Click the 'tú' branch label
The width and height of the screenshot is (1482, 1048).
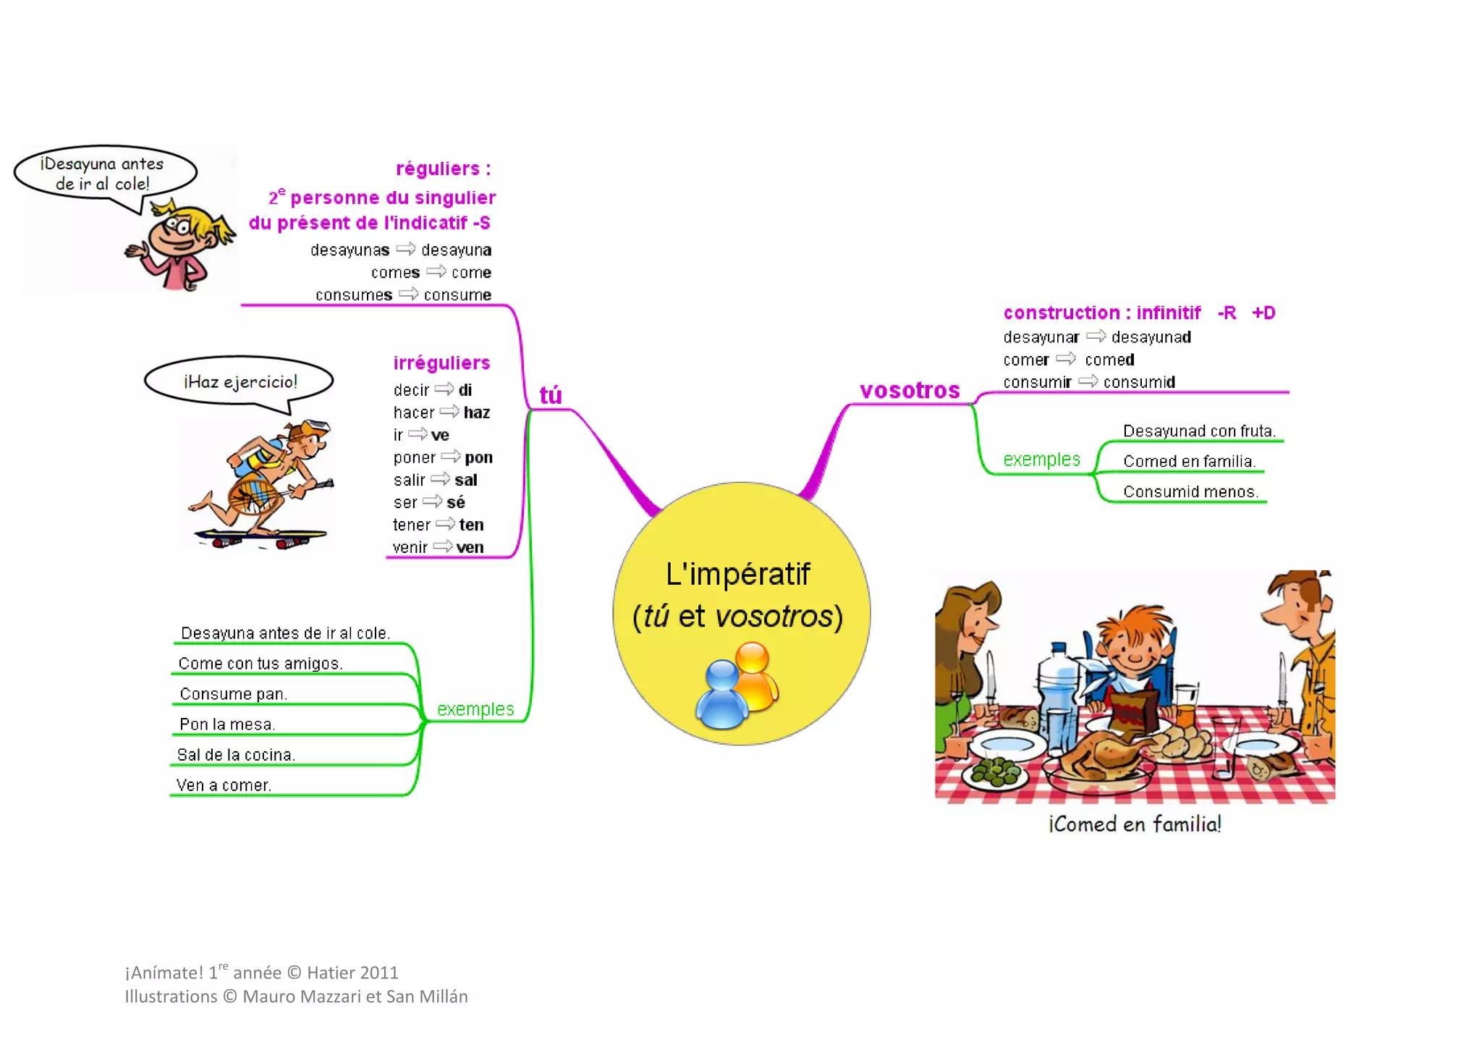pos(551,395)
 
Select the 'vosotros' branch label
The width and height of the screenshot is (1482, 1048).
pos(910,391)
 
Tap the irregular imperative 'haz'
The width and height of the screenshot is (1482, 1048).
pos(477,413)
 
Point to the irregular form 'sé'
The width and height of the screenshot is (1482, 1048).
pos(456,502)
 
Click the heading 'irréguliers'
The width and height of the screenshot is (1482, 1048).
pos(441,363)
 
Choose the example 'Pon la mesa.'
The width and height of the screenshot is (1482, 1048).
pos(227,724)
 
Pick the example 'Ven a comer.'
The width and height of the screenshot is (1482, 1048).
pos(224,785)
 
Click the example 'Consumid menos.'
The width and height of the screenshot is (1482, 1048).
pos(1190,492)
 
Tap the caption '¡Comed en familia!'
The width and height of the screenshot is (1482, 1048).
pos(1135,824)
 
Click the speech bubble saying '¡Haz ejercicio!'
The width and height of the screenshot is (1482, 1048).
pos(240,382)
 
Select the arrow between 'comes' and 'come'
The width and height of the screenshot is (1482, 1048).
pos(436,272)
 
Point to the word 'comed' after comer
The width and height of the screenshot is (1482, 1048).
pos(1109,360)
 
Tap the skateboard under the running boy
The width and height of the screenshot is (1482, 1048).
pos(261,538)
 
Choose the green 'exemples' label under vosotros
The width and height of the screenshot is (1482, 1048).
pos(1041,460)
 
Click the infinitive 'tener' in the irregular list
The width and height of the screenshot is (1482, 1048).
pos(412,525)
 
